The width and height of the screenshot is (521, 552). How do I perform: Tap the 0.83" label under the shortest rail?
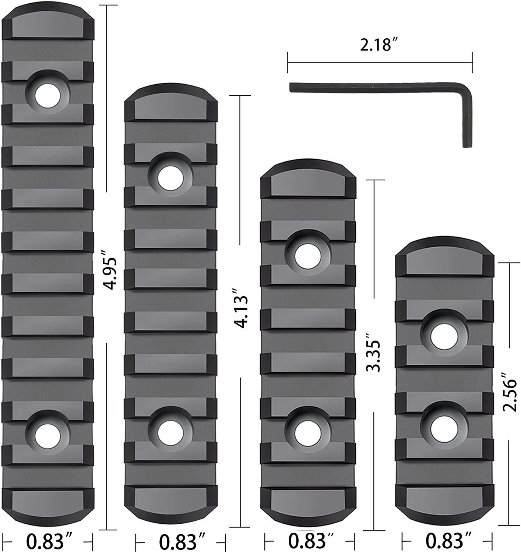pos(448,541)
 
